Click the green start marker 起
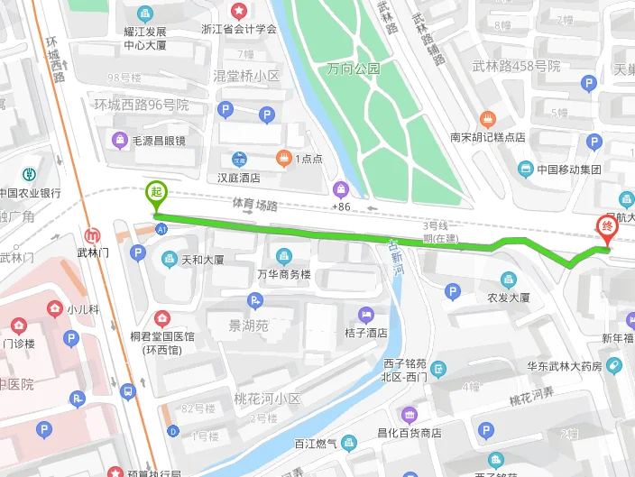point(156,193)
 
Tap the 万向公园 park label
point(354,68)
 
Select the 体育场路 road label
point(254,205)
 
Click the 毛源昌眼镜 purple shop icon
point(119,140)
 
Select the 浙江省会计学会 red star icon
point(238,11)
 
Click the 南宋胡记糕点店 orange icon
point(488,119)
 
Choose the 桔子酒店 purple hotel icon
point(365,315)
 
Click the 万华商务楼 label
point(284,274)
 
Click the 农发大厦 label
point(508,297)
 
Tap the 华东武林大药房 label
point(565,366)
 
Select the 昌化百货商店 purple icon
point(410,415)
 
